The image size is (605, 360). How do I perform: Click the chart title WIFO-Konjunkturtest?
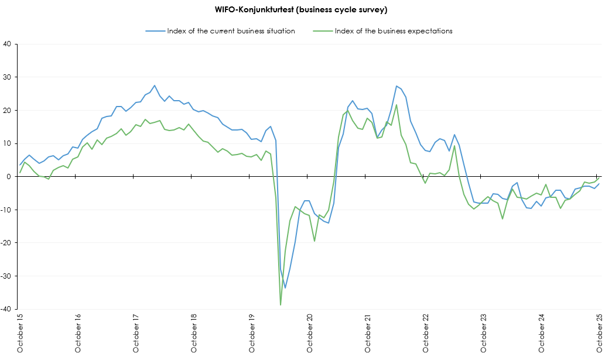pos(302,10)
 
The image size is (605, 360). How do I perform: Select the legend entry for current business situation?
pos(230,31)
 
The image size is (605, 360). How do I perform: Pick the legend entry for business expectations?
pos(393,31)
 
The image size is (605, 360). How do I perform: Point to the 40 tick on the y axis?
pos(8,44)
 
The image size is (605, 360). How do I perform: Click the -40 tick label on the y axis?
pos(6,309)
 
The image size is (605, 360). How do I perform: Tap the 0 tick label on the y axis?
pos(9,177)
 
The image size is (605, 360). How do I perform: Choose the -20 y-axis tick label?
pos(6,243)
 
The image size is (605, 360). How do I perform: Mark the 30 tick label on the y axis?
pos(8,77)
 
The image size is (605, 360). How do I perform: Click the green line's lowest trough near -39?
pos(281,304)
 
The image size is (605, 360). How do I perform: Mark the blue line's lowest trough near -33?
pos(285,287)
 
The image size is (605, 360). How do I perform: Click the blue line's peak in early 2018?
pos(155,85)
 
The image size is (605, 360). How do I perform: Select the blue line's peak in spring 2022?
pos(397,86)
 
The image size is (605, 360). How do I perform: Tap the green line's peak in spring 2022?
pos(397,105)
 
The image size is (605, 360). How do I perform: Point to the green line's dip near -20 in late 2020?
pos(315,241)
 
